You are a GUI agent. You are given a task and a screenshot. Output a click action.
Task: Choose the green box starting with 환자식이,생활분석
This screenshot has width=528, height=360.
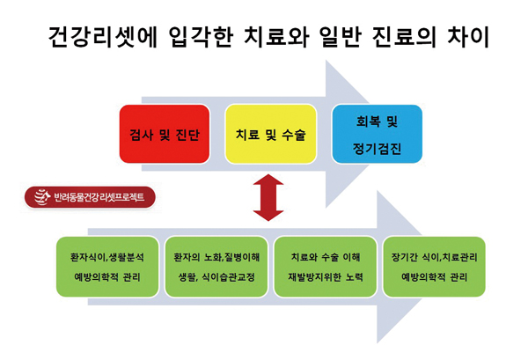[107, 266]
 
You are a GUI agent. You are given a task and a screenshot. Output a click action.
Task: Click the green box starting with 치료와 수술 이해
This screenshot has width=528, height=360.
[326, 266]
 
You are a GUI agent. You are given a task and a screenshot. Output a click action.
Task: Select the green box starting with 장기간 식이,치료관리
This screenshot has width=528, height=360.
[434, 266]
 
